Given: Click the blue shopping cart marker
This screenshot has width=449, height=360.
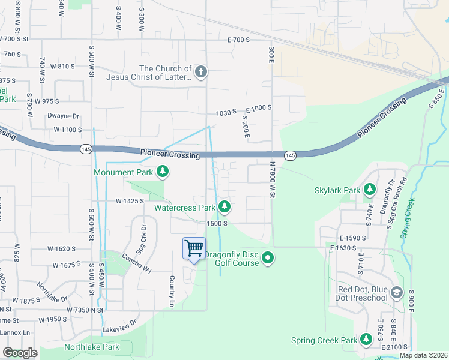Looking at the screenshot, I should click(194, 249).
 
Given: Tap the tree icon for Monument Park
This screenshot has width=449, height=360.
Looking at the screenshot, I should click(162, 173).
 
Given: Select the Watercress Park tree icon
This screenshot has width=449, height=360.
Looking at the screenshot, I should click(224, 208).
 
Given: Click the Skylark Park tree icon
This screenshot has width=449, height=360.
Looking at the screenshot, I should click(370, 190).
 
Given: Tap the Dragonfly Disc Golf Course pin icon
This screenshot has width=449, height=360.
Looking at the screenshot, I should click(268, 259).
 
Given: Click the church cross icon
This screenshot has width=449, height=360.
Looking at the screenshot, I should click(200, 73).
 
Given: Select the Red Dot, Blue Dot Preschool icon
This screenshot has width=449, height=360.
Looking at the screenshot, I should click(396, 293).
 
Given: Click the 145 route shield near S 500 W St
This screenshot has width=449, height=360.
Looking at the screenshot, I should click(86, 149).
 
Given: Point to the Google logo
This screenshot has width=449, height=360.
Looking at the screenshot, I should click(20, 353).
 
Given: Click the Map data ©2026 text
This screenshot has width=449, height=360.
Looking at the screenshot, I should click(424, 355).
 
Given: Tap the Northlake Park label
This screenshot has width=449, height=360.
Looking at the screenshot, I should click(92, 347).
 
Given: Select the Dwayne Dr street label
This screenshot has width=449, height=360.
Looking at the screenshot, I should click(63, 116).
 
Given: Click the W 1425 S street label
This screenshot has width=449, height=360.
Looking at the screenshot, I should click(125, 202).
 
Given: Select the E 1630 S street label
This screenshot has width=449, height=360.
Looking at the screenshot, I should click(348, 247).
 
